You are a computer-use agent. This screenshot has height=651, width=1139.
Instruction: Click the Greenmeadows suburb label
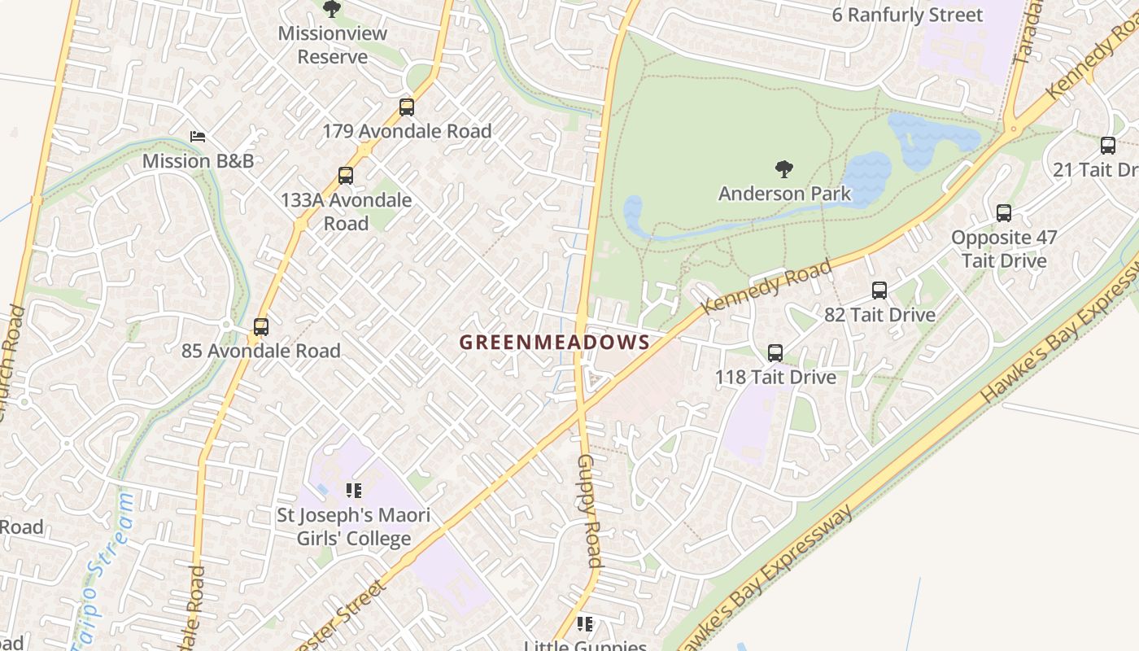(554, 343)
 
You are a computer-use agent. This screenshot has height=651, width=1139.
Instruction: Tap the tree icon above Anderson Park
(784, 169)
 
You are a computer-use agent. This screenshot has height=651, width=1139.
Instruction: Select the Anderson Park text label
(784, 194)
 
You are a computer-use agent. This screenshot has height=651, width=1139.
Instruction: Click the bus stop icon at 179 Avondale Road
(407, 107)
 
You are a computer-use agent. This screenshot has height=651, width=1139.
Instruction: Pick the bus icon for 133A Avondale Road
(346, 176)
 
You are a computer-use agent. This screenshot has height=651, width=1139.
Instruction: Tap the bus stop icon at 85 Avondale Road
(260, 327)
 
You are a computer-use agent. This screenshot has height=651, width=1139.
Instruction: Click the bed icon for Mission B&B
(198, 137)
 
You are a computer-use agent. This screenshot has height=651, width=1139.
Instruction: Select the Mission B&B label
(198, 161)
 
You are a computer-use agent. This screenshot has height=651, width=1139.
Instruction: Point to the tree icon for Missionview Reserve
(331, 9)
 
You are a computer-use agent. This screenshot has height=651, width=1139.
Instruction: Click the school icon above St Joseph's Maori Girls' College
(354, 491)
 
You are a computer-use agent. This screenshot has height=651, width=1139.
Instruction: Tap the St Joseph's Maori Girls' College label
(354, 526)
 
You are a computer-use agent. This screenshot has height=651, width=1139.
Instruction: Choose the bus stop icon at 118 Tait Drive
(775, 353)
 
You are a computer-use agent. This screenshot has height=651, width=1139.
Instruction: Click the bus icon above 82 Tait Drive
(879, 291)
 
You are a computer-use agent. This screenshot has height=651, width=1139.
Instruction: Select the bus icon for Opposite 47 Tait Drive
(1004, 213)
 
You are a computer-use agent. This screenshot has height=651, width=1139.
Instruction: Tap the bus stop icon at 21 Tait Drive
(1108, 146)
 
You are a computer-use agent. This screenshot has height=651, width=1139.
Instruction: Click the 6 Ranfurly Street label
(907, 15)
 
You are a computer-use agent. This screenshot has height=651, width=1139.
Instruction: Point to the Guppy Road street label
(590, 511)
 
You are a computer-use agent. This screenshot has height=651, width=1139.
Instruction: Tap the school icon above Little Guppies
(584, 624)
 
